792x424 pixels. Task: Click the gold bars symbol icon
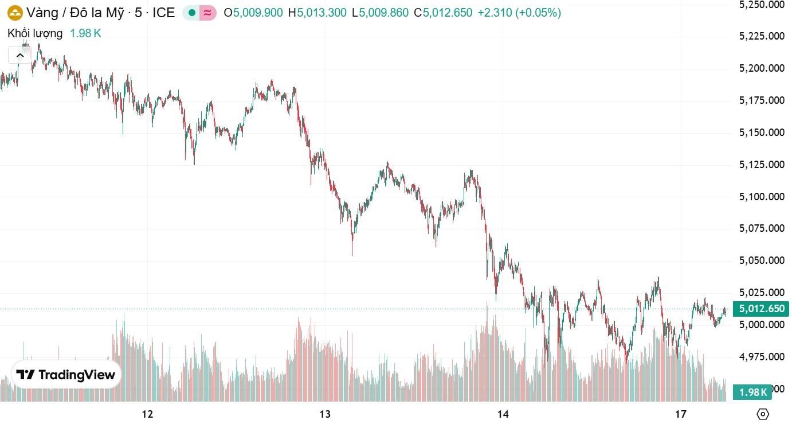coord(14,12)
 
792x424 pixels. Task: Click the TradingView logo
coord(66,375)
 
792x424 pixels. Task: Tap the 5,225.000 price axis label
coord(761,36)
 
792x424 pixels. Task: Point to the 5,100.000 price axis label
coord(761,196)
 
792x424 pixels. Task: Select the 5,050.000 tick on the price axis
coord(761,260)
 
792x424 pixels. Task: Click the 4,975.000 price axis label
coord(761,356)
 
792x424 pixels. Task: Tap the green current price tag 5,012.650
coord(762,309)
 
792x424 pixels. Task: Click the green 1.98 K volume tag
coord(753,392)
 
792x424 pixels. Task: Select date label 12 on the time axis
coord(148,414)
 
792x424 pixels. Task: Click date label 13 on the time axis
coord(326,414)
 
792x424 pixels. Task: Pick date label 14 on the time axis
coord(503,414)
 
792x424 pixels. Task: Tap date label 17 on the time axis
coord(681,414)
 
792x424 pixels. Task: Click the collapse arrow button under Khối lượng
coord(20,55)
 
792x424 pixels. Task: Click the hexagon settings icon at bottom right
coord(763,414)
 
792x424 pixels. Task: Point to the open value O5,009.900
coord(253,12)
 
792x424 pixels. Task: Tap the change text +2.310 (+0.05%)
coord(519,12)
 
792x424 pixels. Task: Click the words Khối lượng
coord(35,33)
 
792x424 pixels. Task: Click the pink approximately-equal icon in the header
coord(208,12)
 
